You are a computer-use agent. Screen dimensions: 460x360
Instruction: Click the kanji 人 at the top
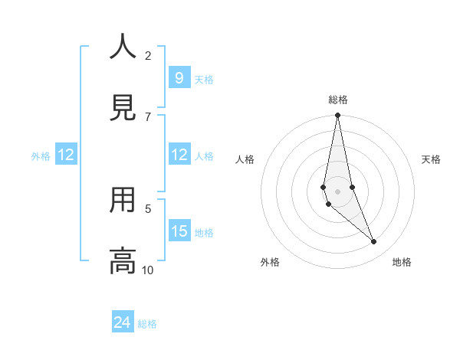(123, 47)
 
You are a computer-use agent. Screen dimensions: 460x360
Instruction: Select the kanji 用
(123, 201)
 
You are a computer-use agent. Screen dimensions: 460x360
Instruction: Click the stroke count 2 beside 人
(148, 55)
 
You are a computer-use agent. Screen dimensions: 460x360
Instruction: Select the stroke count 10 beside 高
(148, 270)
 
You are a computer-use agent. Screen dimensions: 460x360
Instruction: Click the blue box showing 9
(179, 78)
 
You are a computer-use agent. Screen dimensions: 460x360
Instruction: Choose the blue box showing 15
(179, 231)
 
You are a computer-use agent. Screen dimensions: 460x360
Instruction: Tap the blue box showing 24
(122, 323)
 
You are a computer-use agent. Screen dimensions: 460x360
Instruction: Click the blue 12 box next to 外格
(66, 155)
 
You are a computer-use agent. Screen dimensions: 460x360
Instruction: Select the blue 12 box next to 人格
(179, 155)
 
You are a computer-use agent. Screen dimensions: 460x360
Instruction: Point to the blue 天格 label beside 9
(204, 80)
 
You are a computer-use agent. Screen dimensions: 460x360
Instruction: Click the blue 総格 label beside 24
(147, 324)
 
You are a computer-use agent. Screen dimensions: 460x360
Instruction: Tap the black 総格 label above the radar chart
(338, 100)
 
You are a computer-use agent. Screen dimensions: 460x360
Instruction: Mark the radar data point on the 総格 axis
(337, 116)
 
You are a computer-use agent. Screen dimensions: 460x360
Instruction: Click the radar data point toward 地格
(373, 242)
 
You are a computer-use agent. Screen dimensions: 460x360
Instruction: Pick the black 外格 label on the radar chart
(270, 262)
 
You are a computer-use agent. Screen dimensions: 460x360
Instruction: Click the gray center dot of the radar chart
(337, 191)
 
